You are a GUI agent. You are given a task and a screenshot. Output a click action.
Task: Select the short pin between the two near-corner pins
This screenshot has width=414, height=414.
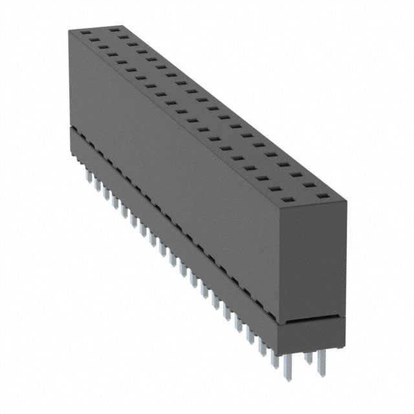point(309,358)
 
